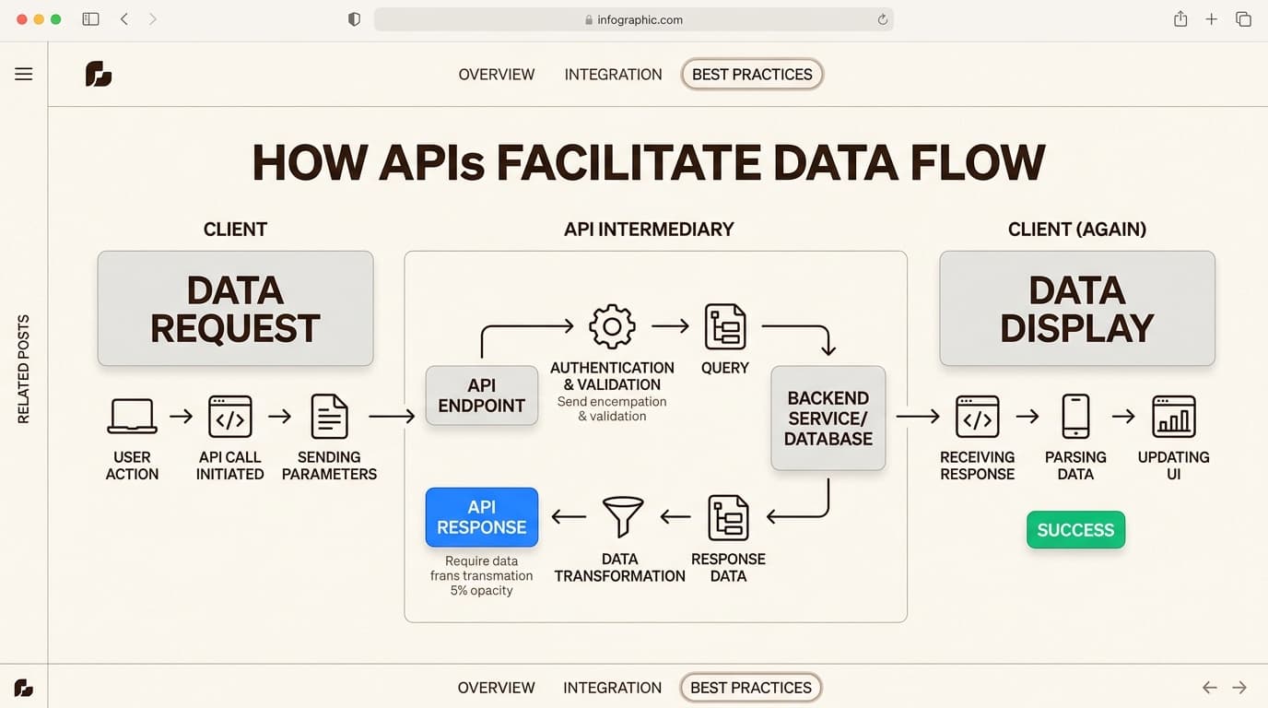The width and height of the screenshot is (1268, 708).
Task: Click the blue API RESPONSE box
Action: click(x=481, y=517)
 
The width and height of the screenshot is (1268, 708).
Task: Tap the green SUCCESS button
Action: click(x=1075, y=530)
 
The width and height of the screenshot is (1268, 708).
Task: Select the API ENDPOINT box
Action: click(x=481, y=395)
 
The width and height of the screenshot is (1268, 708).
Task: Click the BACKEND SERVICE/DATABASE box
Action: click(x=828, y=419)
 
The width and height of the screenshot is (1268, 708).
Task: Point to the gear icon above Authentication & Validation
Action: click(x=612, y=326)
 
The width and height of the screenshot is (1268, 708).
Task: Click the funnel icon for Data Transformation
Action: click(x=622, y=516)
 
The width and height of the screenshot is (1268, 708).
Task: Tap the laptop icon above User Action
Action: click(x=132, y=417)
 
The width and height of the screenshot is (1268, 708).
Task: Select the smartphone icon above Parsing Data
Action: click(x=1075, y=417)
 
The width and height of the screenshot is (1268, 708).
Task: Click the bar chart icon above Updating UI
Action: click(x=1173, y=417)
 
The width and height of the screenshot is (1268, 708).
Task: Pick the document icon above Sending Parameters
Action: click(x=329, y=417)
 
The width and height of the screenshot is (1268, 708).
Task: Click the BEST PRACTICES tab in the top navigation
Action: click(x=752, y=75)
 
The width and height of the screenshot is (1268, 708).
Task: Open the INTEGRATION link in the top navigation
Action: click(x=613, y=75)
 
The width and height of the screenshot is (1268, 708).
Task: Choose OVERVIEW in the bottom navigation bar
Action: click(x=496, y=688)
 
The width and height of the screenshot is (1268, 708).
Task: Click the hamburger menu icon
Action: click(x=24, y=75)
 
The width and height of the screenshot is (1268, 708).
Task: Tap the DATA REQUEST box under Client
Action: click(x=235, y=309)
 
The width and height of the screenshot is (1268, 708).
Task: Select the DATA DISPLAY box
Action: click(x=1076, y=309)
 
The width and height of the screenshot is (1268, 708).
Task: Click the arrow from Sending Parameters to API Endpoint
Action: click(x=392, y=417)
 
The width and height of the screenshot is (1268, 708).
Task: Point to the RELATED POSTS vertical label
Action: click(x=24, y=369)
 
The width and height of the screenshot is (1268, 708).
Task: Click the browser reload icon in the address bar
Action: click(x=882, y=19)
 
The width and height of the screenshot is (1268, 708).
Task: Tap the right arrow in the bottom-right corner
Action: click(x=1239, y=688)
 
